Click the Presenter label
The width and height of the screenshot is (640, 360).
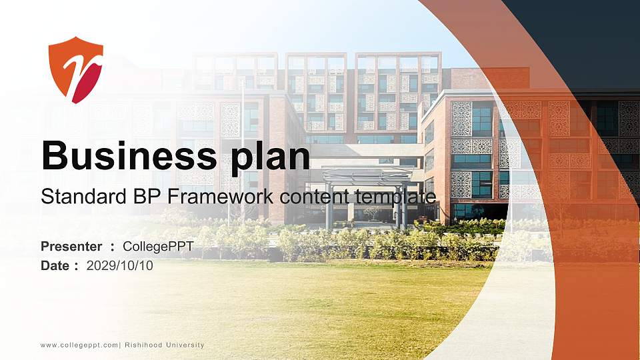pyautogui.click(x=71, y=247)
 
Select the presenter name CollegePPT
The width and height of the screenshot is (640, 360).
pyautogui.click(x=158, y=247)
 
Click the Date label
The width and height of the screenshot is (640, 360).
pyautogui.click(x=55, y=265)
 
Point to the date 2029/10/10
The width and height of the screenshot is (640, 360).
pyautogui.click(x=120, y=265)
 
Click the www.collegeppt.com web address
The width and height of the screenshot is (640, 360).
pyautogui.click(x=79, y=345)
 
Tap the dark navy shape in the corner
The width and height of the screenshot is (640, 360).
pyautogui.click(x=587, y=40)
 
